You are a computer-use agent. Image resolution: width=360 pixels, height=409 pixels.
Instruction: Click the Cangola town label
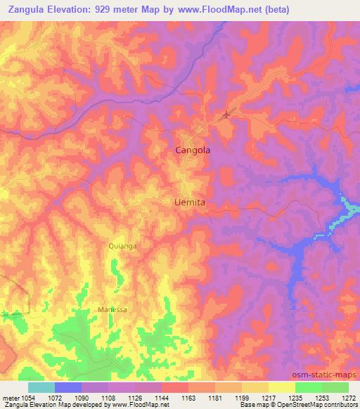point(192,150)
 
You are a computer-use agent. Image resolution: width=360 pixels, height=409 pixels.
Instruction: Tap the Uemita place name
point(189,202)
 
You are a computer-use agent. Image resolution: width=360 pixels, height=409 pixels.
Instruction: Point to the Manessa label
point(112,309)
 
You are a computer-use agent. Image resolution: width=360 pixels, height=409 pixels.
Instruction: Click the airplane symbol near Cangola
point(226,115)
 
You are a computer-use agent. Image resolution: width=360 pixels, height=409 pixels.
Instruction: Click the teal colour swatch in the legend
point(41,387)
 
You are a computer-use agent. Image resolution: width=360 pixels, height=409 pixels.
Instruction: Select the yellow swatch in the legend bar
point(282,387)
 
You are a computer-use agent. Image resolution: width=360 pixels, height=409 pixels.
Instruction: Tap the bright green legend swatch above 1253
point(309,387)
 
